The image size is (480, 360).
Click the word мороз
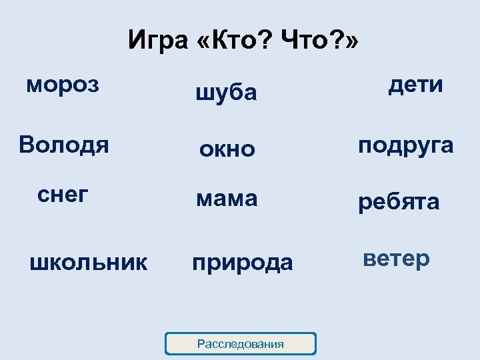(x=63, y=85)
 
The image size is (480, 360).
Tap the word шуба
(x=226, y=93)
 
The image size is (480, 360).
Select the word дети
(x=415, y=84)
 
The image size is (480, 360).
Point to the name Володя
(x=64, y=144)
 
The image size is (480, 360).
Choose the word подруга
(x=406, y=145)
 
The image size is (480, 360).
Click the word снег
(x=63, y=195)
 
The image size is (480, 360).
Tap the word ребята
(x=399, y=203)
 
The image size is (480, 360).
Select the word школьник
(x=89, y=262)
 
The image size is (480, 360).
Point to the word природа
(x=242, y=263)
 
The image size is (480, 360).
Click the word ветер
(x=396, y=259)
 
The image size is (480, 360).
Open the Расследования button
(x=240, y=344)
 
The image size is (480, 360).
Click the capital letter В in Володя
(x=27, y=144)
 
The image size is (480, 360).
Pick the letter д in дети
(x=396, y=85)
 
